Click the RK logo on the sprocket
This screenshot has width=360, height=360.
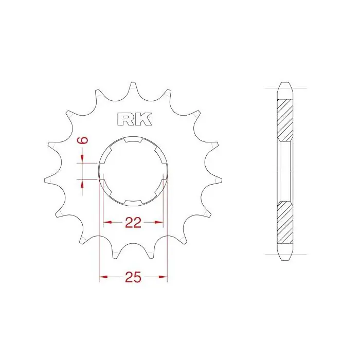pyautogui.click(x=135, y=119)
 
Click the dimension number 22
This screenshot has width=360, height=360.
pyautogui.click(x=133, y=223)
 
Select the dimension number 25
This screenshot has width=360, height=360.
pyautogui.click(x=133, y=277)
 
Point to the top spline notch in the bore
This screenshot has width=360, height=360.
pyautogui.click(x=133, y=139)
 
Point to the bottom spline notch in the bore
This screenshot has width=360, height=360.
pyautogui.click(x=133, y=202)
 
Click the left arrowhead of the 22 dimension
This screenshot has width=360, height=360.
pyautogui.click(x=107, y=222)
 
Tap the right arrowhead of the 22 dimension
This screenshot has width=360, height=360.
pyautogui.click(x=159, y=222)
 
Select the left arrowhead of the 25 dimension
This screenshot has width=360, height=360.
pyautogui.click(x=103, y=277)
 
